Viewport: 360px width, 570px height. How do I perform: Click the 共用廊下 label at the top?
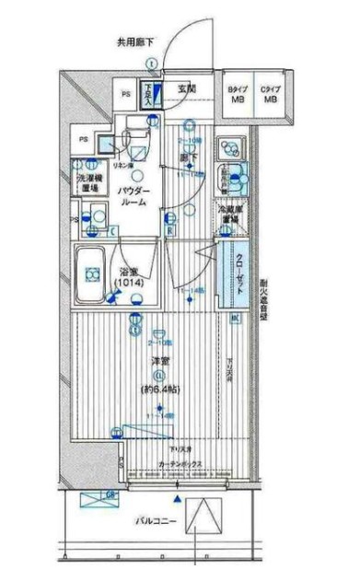[136, 41]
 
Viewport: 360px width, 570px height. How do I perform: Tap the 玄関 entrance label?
[188, 88]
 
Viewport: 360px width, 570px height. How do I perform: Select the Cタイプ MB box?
[271, 95]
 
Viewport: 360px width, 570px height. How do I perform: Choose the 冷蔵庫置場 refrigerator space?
[231, 215]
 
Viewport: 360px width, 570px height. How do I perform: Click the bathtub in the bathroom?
[92, 273]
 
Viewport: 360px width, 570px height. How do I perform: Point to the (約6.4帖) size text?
[161, 390]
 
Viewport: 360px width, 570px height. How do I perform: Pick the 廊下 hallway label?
[188, 157]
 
